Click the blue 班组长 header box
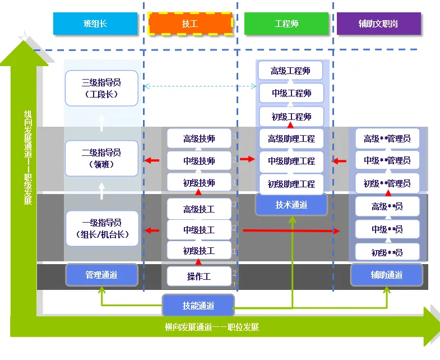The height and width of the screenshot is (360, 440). coord(95,24)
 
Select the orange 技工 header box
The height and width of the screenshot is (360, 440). coord(190,24)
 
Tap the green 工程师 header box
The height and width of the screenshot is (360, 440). coord(286,24)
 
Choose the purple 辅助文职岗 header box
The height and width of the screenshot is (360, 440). coord(378,24)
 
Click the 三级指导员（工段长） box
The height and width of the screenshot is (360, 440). coord(101,88)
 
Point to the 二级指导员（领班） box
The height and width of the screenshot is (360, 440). coord(101,158)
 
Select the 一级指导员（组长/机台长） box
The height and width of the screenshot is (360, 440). coord(102,229)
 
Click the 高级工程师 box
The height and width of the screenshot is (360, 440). coord(290,71)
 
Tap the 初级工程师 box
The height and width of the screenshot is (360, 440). coord(291,117)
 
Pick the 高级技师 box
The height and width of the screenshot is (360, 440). coord(199,139)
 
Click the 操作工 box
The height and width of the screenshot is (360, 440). coord(199,276)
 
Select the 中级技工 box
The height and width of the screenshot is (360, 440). coord(199,230)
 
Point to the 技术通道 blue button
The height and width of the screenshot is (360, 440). coord(291,205)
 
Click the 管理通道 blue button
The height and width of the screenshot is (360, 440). coord(101,275)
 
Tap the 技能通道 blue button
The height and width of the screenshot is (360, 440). coord(198,306)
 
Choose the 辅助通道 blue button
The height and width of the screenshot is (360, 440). coord(387,275)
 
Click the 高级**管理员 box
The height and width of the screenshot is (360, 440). coord(387,139)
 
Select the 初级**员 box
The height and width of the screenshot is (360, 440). coord(387,252)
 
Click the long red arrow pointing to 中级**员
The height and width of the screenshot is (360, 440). coord(291,231)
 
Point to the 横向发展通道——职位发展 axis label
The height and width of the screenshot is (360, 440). coord(212,327)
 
